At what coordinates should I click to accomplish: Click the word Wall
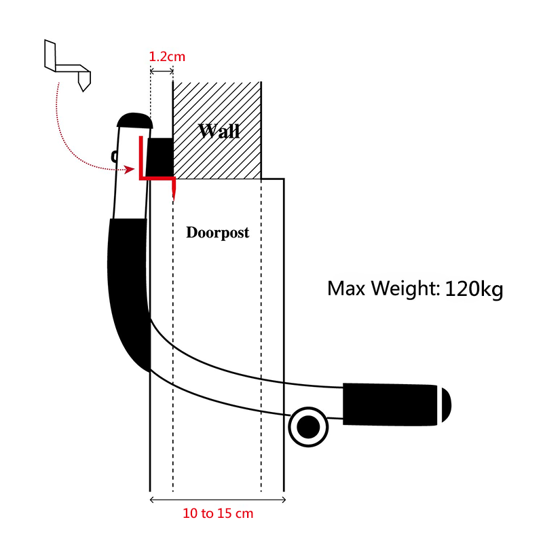tap(219, 131)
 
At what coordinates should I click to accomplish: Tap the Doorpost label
tap(217, 232)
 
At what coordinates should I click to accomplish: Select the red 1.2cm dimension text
tap(167, 56)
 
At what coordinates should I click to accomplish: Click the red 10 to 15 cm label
tap(218, 513)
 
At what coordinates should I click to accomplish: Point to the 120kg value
tap(474, 288)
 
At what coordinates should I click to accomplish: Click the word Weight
tap(405, 289)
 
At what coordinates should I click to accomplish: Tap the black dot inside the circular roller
tap(308, 427)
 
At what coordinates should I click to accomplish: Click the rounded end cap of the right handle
tap(447, 405)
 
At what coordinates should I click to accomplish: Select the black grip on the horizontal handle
tap(390, 405)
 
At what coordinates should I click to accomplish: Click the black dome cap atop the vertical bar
tap(134, 121)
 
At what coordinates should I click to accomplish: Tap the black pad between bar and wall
tap(160, 157)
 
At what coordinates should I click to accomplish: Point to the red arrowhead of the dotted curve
tap(130, 169)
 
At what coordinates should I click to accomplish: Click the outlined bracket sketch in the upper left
tap(68, 66)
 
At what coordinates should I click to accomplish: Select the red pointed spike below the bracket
tap(174, 189)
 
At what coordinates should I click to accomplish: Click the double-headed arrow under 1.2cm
tap(162, 71)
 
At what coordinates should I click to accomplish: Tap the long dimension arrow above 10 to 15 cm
tap(217, 500)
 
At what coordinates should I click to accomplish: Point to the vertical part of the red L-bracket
tap(141, 157)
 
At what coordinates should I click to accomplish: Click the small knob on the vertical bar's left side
tap(114, 157)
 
